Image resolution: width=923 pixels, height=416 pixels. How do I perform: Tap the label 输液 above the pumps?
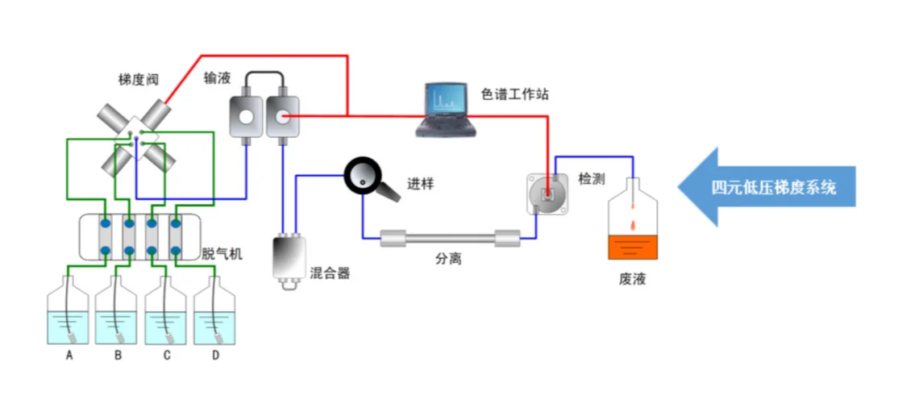(x=217, y=78)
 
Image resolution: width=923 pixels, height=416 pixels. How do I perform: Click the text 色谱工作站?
(x=515, y=94)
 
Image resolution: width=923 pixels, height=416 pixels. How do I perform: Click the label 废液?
(x=632, y=279)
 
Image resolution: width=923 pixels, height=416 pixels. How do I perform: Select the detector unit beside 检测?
(x=547, y=193)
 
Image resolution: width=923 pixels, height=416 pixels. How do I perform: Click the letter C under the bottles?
(x=167, y=355)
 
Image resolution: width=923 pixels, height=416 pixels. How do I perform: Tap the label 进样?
(x=420, y=184)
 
